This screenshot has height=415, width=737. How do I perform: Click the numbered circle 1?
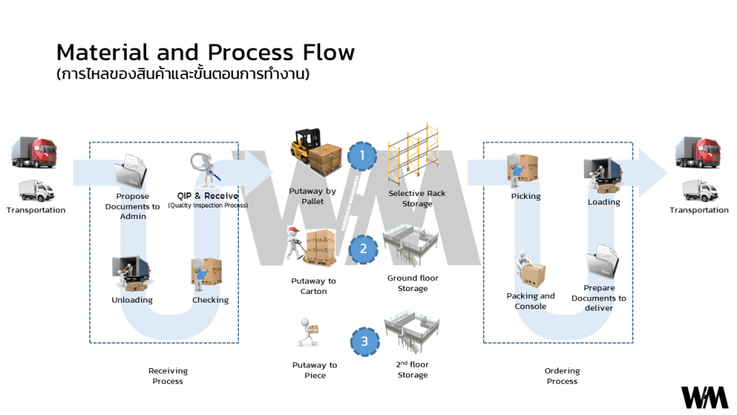tap(363, 155)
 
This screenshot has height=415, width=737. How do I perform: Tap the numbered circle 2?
tap(363, 249)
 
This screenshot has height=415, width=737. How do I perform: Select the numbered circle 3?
tap(364, 342)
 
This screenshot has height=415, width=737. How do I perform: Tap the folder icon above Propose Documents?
tap(130, 171)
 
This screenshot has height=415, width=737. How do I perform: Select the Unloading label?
tap(132, 300)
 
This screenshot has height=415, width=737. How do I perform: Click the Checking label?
tap(210, 300)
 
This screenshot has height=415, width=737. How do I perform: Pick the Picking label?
tap(525, 196)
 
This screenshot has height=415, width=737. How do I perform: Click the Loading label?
tap(604, 202)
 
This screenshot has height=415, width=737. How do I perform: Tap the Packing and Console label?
tap(530, 301)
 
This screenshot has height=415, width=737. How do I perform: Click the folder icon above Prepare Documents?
tap(602, 262)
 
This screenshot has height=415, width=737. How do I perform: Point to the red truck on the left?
tap(34, 153)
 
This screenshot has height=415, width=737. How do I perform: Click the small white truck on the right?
tap(698, 190)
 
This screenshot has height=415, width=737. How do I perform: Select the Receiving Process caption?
tap(168, 376)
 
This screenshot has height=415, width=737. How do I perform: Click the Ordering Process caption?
tap(562, 376)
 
